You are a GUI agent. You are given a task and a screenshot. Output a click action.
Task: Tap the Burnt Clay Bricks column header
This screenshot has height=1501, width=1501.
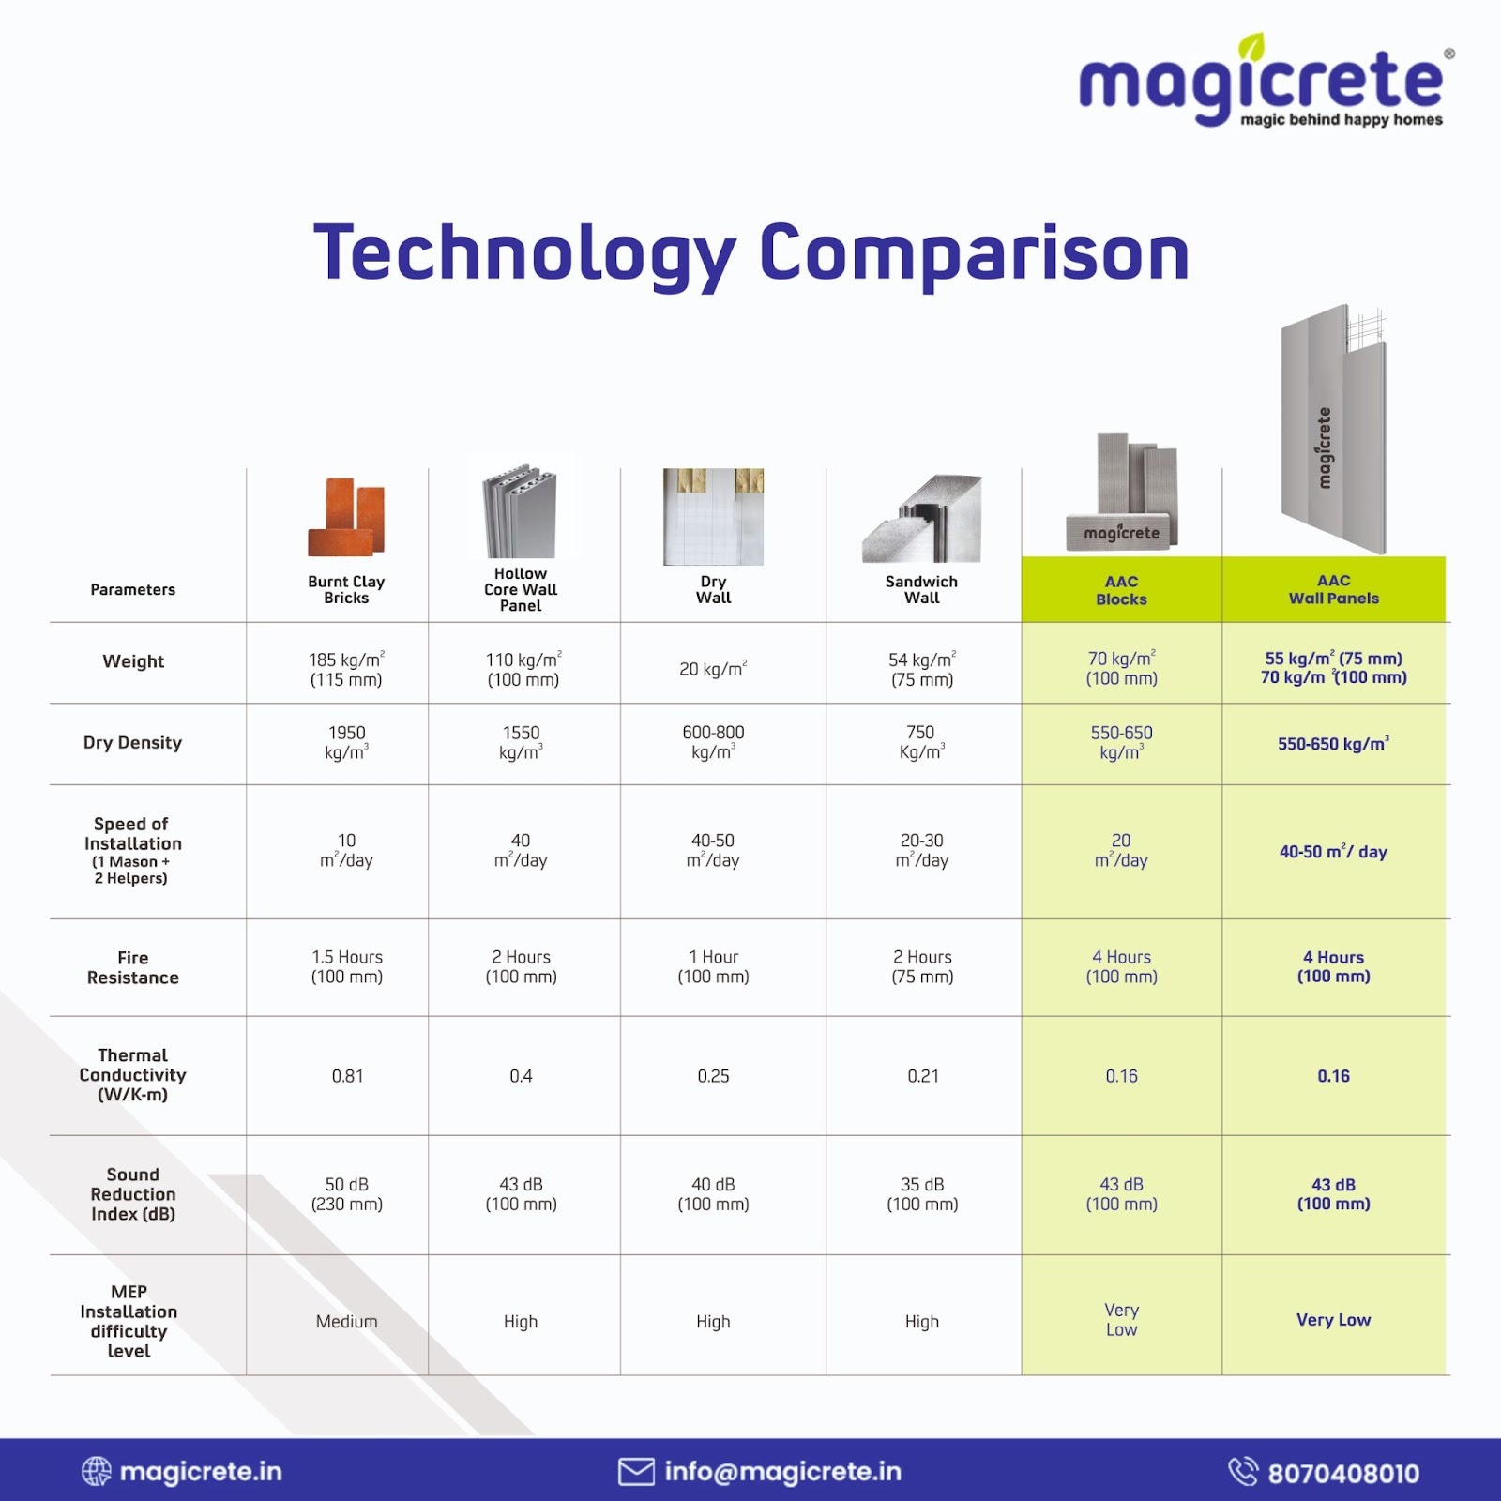(x=346, y=590)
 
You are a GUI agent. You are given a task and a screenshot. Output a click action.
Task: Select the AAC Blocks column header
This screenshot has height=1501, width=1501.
(x=1121, y=590)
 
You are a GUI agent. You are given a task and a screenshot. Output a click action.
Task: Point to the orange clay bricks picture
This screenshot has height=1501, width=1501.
(x=346, y=517)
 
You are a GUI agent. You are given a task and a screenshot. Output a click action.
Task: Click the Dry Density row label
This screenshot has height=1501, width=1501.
(x=132, y=743)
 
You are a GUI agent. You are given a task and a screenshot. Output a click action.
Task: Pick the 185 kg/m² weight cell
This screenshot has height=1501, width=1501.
(x=346, y=669)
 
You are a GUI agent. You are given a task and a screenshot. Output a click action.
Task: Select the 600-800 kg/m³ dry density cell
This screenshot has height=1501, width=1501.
(x=713, y=742)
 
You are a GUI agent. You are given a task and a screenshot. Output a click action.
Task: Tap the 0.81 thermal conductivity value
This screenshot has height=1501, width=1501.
(x=347, y=1076)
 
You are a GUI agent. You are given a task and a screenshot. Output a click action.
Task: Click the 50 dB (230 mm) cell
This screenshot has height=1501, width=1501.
(x=347, y=1194)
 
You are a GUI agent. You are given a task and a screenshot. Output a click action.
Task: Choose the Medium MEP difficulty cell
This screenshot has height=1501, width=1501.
(x=347, y=1322)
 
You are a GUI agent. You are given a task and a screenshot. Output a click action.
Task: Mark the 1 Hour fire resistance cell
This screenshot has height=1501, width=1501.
(x=713, y=966)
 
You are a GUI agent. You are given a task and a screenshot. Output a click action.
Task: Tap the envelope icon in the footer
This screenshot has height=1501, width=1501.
(x=636, y=1472)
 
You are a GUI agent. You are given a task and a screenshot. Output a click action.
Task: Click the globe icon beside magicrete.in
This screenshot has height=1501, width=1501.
(x=97, y=1471)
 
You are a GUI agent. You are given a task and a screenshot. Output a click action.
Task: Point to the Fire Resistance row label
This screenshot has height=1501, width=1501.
(x=132, y=967)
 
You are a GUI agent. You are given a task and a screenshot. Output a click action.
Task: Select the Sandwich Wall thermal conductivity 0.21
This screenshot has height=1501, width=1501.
(x=923, y=1076)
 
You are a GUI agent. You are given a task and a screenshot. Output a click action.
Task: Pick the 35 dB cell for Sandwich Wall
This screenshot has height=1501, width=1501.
(x=922, y=1194)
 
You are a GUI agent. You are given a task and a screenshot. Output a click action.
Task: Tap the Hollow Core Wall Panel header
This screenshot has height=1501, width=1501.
(x=521, y=590)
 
